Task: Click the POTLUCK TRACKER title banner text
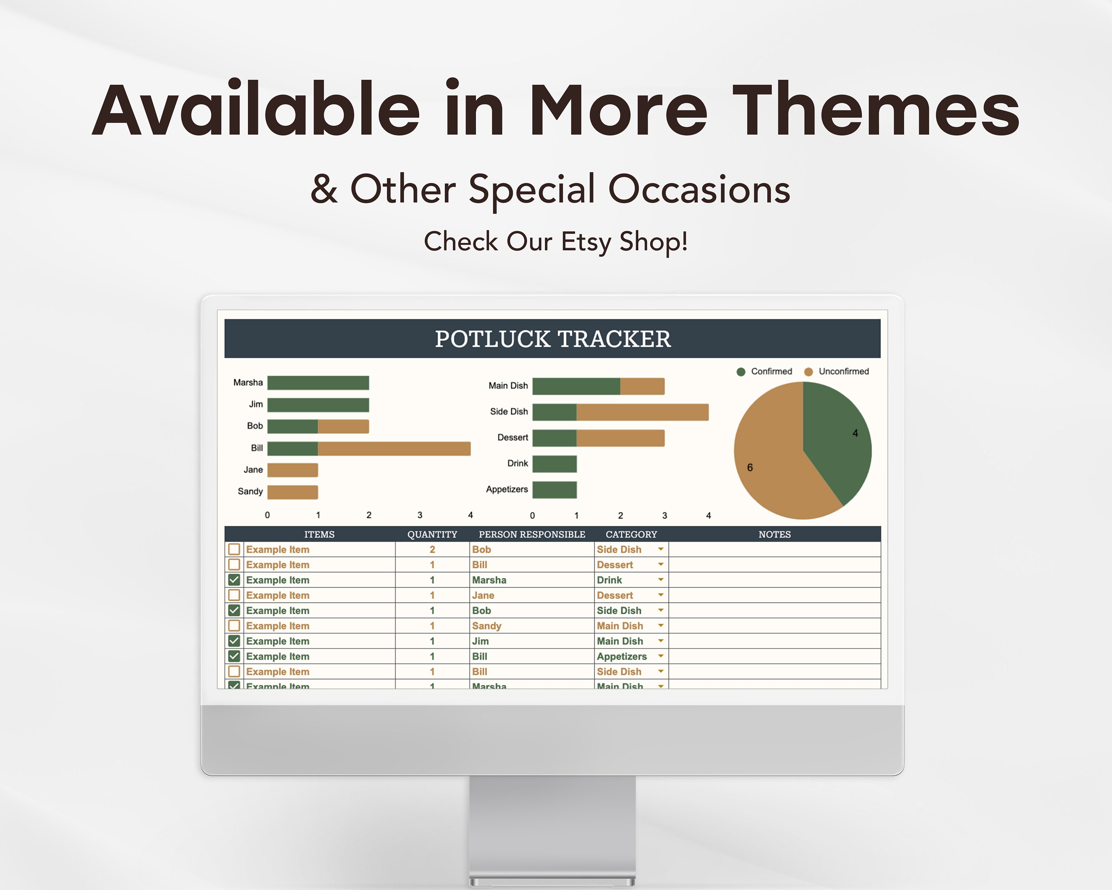click(x=552, y=339)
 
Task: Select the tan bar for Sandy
click(x=292, y=492)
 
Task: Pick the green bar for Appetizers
click(x=555, y=489)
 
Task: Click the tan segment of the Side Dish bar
click(x=642, y=412)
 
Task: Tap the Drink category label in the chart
click(x=517, y=463)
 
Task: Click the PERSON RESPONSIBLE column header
click(x=532, y=534)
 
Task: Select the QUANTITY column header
click(x=432, y=534)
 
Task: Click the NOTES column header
click(x=774, y=534)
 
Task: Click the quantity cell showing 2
click(x=432, y=550)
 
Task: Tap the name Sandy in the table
click(x=486, y=626)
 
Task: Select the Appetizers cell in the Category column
click(x=622, y=656)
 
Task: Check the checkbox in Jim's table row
click(x=234, y=641)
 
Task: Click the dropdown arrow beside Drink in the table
click(x=661, y=580)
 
